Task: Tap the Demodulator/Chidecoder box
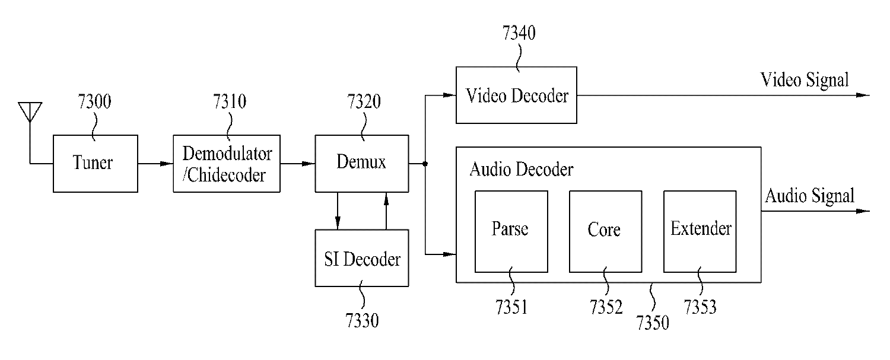[x=226, y=163]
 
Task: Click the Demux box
[x=361, y=163]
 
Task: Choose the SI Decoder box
[x=361, y=259]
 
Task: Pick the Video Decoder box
[x=516, y=95]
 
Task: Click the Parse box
[x=511, y=230]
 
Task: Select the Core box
[x=605, y=230]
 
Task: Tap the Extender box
[x=701, y=230]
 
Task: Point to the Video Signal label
[x=805, y=79]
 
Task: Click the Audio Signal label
[x=809, y=196]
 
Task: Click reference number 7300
[x=94, y=103]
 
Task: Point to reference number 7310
[x=230, y=103]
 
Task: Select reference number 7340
[x=519, y=34]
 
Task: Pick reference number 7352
[x=606, y=307]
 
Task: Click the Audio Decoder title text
[x=521, y=170]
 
